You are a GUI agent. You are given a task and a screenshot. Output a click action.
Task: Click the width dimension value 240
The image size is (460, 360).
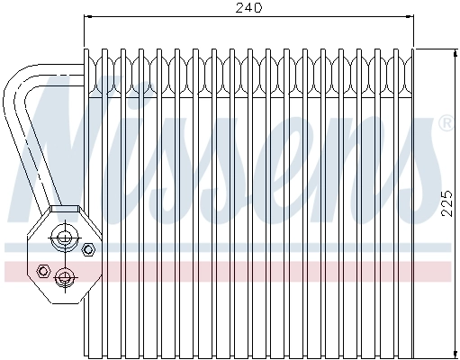[248, 8]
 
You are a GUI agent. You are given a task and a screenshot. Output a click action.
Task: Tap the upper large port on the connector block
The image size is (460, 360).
[65, 238]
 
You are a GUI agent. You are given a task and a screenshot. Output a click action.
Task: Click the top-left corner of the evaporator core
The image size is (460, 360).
[86, 49]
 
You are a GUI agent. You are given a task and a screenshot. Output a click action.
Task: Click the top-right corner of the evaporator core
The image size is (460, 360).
[412, 49]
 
